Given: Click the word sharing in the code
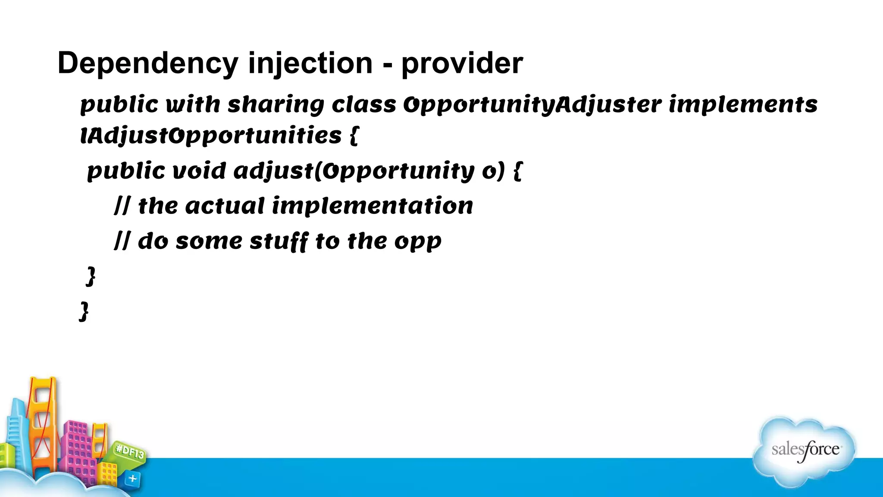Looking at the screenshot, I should coord(276,105).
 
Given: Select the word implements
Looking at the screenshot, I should coord(743,105).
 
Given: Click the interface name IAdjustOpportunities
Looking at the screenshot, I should coord(211,136).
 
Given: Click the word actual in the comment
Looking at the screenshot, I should coord(225,206).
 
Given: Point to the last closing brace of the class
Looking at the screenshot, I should coord(84,311).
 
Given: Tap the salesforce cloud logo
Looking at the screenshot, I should coord(805,450).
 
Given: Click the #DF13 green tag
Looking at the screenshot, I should coord(130,452).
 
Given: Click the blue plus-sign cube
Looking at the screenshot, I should coord(132,478).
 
